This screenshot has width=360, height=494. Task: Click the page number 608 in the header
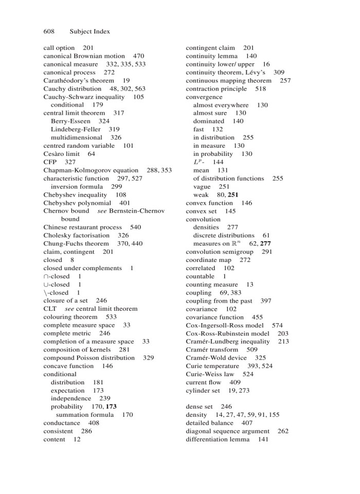tap(49, 31)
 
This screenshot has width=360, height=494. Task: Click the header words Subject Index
tap(89, 31)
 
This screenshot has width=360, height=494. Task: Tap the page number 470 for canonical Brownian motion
tap(138, 56)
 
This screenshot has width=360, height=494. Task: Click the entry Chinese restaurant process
tap(82, 227)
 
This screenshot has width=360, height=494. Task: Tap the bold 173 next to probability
tap(111, 407)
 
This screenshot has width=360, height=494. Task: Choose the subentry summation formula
tap(84, 415)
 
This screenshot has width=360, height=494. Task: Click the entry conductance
tap(62, 423)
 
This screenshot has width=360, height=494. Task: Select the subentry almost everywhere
tap(221, 105)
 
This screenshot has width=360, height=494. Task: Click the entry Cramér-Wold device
tap(217, 358)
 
